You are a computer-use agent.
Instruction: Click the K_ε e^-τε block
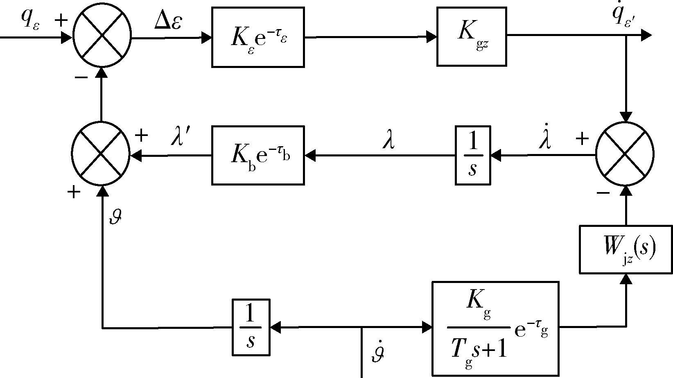[258, 37]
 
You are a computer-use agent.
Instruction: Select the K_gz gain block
[472, 36]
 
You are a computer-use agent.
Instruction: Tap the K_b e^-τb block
[258, 156]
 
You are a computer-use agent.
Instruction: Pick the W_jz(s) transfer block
[626, 249]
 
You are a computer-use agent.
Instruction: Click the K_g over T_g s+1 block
[495, 328]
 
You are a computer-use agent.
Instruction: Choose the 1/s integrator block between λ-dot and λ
[473, 156]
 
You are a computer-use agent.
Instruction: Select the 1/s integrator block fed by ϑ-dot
[251, 328]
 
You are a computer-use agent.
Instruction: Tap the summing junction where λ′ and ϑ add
[101, 155]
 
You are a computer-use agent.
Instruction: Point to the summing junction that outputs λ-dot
[625, 154]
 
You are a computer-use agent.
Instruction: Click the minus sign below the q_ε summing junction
[81, 78]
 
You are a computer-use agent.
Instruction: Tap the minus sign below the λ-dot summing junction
[603, 192]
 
